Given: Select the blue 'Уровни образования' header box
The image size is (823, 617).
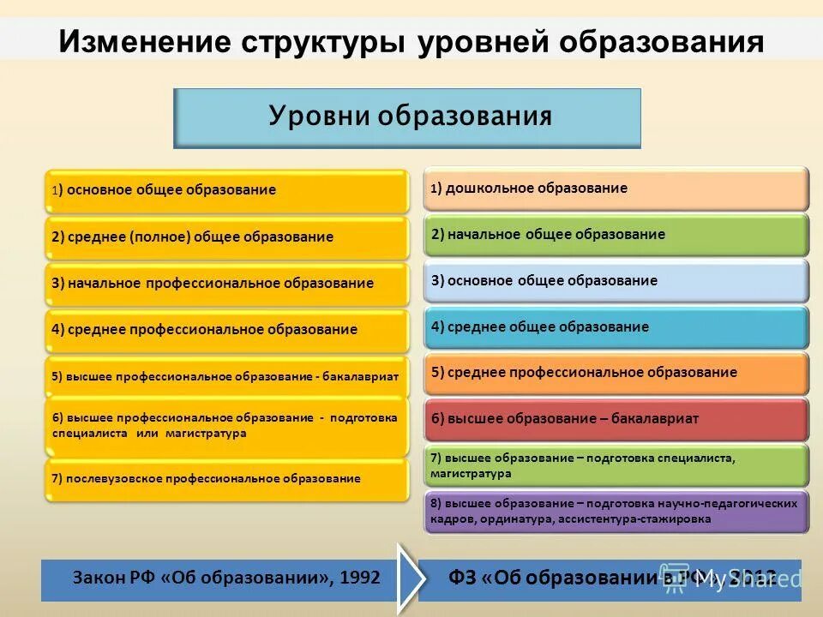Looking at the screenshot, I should (407, 117).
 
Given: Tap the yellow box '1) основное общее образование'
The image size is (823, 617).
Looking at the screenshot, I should (227, 190).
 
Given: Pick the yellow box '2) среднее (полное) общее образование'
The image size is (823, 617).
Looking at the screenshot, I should (227, 237).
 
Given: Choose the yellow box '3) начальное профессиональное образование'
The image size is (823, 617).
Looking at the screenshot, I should (227, 284).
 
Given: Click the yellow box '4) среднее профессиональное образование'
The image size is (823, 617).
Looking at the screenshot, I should (227, 330).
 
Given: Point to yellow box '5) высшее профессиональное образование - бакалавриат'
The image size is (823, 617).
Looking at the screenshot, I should (227, 376).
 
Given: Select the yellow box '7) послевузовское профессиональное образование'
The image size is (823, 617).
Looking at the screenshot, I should (227, 479).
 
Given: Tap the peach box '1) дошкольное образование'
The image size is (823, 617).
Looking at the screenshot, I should (616, 189).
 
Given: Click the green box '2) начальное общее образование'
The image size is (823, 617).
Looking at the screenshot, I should (616, 235).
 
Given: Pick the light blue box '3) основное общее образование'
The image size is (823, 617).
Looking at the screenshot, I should (616, 281).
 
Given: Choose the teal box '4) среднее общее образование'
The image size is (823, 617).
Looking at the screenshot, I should (616, 327).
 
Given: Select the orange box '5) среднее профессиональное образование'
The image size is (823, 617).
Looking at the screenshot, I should (616, 373).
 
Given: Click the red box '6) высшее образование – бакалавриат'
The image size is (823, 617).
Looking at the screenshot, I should (616, 419).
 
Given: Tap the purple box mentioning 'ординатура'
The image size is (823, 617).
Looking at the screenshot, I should (616, 512).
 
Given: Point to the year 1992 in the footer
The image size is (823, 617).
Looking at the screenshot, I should (360, 578).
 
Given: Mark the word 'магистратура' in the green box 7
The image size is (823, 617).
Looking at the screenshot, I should (471, 473).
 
